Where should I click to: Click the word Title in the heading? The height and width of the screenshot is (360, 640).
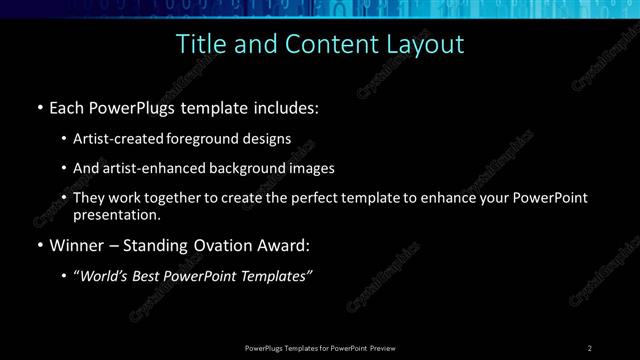point(199,45)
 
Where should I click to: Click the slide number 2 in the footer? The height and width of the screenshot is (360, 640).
point(590,347)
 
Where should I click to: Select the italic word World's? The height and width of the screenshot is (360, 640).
point(103,276)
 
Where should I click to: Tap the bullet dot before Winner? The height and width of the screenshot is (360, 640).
point(39,246)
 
